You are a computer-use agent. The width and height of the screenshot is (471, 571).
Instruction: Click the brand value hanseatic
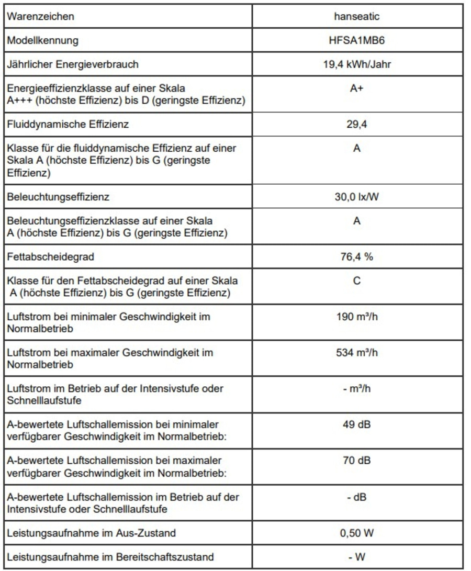coord(356,16)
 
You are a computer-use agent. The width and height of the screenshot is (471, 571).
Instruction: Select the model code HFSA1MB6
coord(356,40)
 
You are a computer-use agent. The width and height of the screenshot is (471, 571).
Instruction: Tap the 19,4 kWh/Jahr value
coord(356,65)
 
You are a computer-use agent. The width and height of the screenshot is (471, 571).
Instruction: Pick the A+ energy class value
coord(356,89)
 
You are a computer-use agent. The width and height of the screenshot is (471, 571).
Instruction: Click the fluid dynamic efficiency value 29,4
coord(356,125)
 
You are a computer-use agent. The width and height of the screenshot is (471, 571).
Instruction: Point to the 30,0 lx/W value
coord(356,198)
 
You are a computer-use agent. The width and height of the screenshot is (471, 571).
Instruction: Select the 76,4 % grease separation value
coord(356,257)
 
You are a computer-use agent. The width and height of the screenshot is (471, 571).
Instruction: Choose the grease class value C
coord(356,281)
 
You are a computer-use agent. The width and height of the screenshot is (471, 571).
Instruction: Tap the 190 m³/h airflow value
coord(356,317)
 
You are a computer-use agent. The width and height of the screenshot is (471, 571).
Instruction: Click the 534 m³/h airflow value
coord(356,353)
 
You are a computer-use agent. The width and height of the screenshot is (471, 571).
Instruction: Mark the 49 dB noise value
coord(356,424)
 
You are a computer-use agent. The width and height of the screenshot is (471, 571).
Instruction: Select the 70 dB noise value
coord(356,461)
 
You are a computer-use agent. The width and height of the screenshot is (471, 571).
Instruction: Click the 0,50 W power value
coord(356,533)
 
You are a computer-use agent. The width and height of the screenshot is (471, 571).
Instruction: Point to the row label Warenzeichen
coord(40,16)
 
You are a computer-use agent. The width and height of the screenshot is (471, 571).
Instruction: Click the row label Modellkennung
coord(42,40)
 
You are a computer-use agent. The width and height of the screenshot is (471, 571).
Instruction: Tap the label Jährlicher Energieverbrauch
coord(73,65)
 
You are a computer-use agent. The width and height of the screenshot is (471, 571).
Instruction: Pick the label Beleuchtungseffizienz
coord(58,198)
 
